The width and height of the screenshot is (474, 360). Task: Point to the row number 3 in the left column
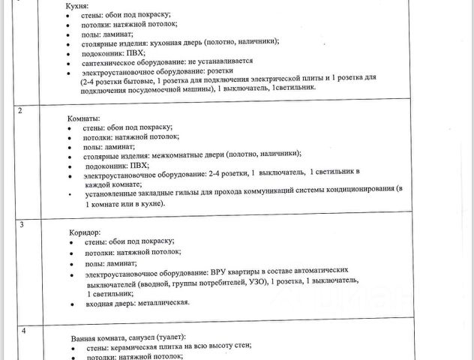click(x=21, y=225)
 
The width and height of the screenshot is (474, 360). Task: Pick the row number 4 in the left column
click(x=22, y=331)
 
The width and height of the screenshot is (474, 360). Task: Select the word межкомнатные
click(x=179, y=154)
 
